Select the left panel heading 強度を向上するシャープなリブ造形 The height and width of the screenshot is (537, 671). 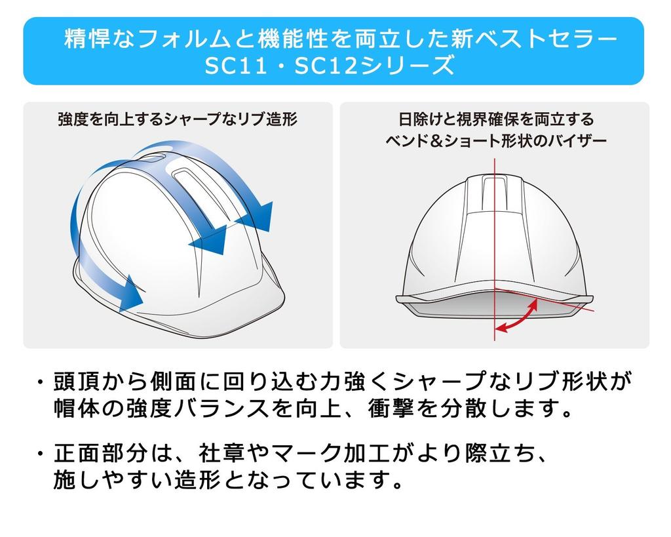[178, 119]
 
